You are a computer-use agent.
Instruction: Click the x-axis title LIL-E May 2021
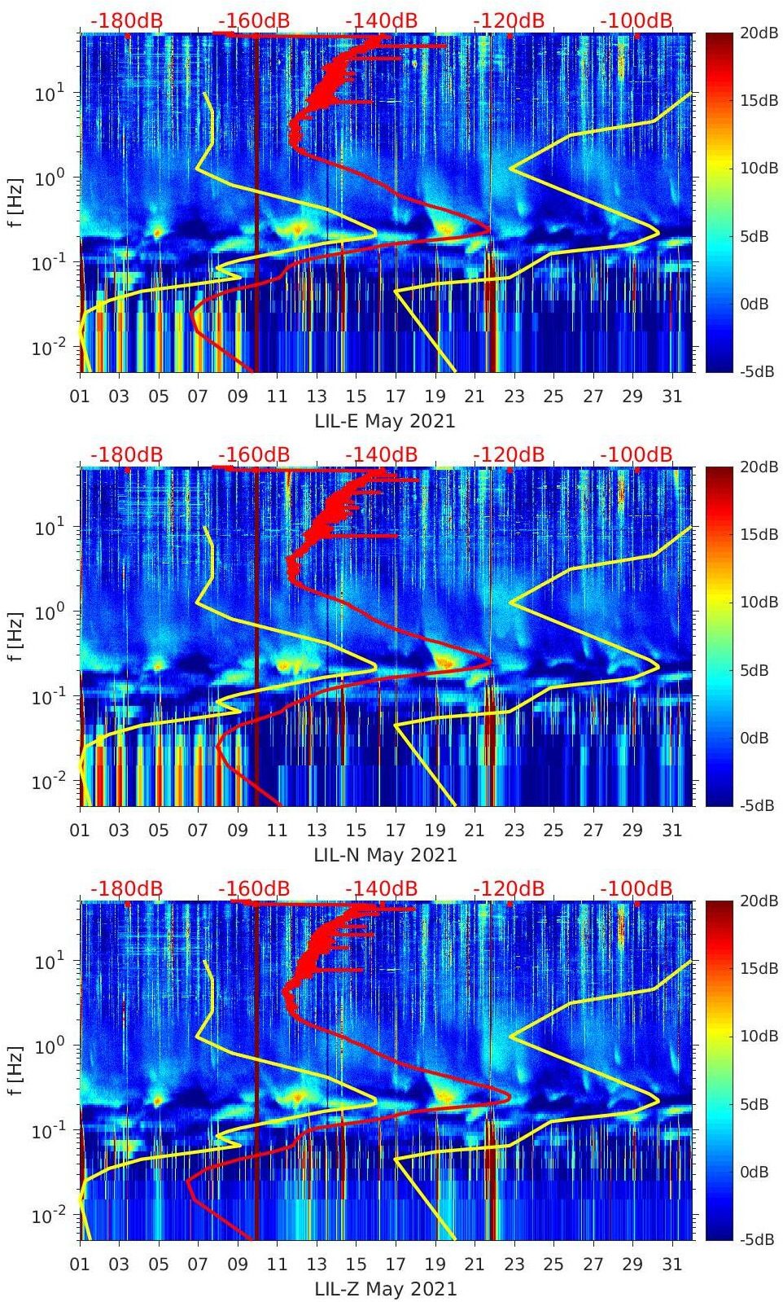pyautogui.click(x=385, y=421)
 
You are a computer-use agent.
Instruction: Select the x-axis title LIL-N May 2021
pyautogui.click(x=385, y=855)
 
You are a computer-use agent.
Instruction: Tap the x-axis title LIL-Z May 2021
pyautogui.click(x=385, y=1289)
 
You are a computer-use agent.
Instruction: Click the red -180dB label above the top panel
pyautogui.click(x=126, y=20)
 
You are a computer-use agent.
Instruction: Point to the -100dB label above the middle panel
pyautogui.click(x=636, y=454)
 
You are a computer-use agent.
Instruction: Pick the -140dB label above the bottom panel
pyautogui.click(x=381, y=888)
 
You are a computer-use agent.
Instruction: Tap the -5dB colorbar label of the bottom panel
pyautogui.click(x=758, y=1239)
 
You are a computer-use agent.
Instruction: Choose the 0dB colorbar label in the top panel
pyautogui.click(x=756, y=304)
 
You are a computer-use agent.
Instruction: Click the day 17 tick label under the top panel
pyautogui.click(x=396, y=397)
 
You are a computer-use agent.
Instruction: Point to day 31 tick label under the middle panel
pyautogui.click(x=671, y=831)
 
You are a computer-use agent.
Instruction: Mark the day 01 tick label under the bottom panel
pyautogui.click(x=80, y=1265)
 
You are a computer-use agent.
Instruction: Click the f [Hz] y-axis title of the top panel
pyautogui.click(x=15, y=202)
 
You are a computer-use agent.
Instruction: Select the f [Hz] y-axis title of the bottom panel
pyautogui.click(x=15, y=1070)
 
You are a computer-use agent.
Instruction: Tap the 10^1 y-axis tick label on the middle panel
pyautogui.click(x=50, y=528)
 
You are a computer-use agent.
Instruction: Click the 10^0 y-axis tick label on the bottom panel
pyautogui.click(x=50, y=1046)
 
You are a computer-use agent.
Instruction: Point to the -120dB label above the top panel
pyautogui.click(x=509, y=20)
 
